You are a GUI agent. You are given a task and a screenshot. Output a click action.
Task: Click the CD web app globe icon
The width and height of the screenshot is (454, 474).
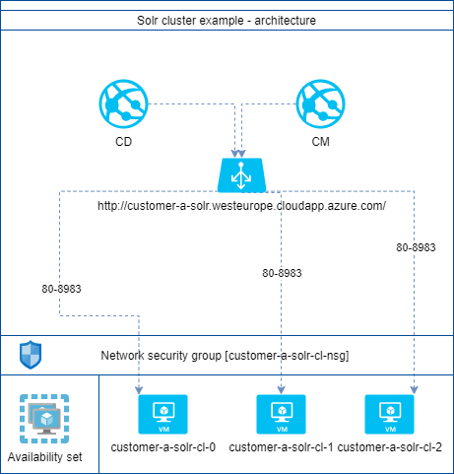click(123, 103)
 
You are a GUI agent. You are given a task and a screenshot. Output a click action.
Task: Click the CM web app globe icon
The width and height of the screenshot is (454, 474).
click(320, 103)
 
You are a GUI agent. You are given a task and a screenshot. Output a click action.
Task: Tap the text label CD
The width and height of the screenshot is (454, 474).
click(123, 142)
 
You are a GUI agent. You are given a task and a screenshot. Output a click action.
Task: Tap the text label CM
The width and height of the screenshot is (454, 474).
click(320, 142)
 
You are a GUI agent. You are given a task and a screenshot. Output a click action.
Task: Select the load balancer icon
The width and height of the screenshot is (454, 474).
click(241, 174)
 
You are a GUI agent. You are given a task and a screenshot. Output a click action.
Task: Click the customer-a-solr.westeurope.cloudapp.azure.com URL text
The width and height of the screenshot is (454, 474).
click(241, 206)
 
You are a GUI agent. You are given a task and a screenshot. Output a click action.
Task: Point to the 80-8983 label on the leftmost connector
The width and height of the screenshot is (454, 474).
click(61, 289)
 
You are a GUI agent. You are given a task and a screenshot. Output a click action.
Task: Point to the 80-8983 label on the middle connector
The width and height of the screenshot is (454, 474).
click(282, 273)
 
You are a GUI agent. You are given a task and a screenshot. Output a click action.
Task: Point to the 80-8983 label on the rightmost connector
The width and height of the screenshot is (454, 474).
click(416, 247)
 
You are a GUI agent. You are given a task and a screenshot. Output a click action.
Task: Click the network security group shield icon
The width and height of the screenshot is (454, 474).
click(31, 355)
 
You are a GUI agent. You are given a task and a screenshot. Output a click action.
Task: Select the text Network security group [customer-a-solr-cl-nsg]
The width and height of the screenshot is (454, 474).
click(225, 356)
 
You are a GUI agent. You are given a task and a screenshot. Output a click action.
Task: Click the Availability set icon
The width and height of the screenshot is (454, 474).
click(44, 419)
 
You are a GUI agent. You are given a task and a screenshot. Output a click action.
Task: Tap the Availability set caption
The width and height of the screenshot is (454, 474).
click(45, 457)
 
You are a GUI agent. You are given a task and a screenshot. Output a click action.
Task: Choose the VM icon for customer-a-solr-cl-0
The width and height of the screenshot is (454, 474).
click(162, 414)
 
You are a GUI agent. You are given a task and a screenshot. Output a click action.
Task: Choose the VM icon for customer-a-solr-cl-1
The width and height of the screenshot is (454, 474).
click(281, 414)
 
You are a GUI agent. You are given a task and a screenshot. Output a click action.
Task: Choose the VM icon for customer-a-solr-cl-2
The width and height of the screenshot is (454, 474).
click(389, 414)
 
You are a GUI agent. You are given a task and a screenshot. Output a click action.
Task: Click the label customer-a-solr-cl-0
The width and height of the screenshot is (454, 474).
click(163, 447)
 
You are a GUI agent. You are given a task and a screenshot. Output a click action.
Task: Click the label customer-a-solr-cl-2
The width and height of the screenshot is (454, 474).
click(390, 447)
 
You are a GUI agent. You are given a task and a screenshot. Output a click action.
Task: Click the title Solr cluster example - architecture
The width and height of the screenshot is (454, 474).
click(227, 21)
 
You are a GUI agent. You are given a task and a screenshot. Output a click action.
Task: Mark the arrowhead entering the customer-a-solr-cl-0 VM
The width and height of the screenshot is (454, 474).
click(139, 390)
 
